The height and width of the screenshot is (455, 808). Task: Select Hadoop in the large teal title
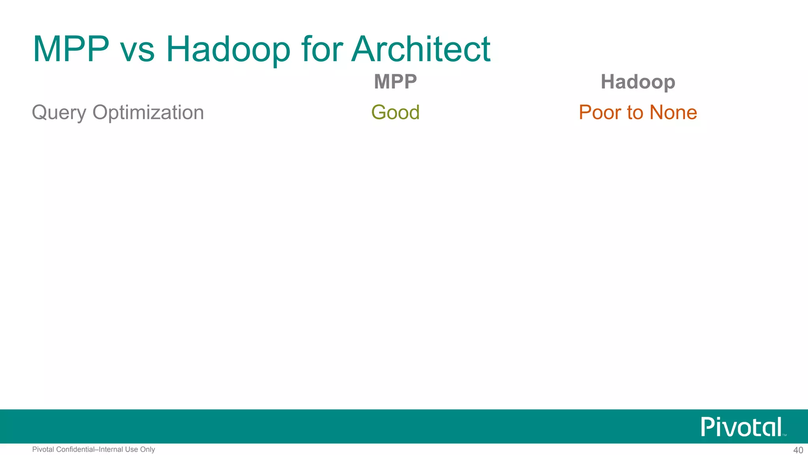[x=228, y=50]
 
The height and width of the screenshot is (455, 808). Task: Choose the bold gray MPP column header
[x=395, y=82]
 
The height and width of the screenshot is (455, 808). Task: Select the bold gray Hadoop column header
[x=638, y=82]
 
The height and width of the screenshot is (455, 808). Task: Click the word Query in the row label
[x=59, y=113]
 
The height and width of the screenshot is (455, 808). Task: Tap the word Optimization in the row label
[x=148, y=113]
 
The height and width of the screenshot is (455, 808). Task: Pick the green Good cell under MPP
[x=395, y=112]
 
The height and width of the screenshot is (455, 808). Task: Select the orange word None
[x=673, y=112]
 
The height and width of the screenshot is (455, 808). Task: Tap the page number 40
[x=798, y=450]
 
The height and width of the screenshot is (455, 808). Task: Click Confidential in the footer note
[x=75, y=449]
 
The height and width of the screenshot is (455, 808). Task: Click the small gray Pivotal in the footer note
[x=43, y=449]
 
